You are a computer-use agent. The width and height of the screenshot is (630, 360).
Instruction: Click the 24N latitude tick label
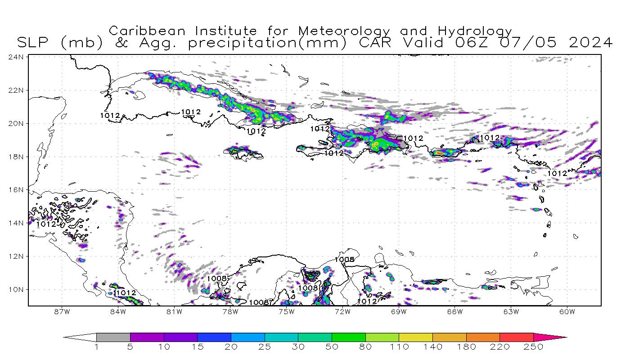point(17,57)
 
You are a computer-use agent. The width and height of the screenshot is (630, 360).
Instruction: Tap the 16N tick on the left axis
point(17,190)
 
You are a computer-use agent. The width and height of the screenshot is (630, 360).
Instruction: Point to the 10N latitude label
point(17,289)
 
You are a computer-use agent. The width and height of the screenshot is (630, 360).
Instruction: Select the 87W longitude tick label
point(62,311)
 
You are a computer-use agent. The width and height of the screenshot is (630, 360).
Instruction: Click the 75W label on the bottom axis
point(286,311)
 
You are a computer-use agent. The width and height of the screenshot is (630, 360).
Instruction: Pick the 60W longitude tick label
point(567,311)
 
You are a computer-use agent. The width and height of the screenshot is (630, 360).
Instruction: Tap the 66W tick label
point(455,311)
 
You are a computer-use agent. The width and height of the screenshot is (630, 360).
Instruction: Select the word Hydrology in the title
point(475,31)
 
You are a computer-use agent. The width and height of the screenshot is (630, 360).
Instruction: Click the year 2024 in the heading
point(590,43)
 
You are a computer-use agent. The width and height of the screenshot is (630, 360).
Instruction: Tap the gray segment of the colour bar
point(113,337)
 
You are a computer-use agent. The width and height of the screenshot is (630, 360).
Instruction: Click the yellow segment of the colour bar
point(415,337)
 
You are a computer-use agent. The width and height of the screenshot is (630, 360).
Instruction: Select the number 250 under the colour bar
point(533,347)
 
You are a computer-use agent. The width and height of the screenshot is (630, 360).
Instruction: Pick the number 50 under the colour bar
point(332,347)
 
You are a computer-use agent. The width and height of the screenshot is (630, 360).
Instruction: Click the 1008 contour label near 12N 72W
point(344,260)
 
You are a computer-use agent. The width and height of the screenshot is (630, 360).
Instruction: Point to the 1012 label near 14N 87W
point(46,224)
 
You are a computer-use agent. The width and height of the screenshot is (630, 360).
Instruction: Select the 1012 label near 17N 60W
point(557,173)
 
